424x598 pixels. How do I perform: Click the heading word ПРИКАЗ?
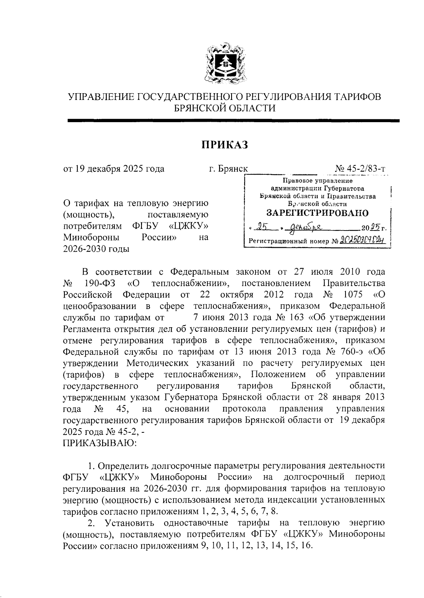tap(225, 145)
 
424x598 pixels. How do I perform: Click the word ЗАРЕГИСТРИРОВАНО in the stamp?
tap(317, 213)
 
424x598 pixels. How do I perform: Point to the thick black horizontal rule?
tap(233, 121)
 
